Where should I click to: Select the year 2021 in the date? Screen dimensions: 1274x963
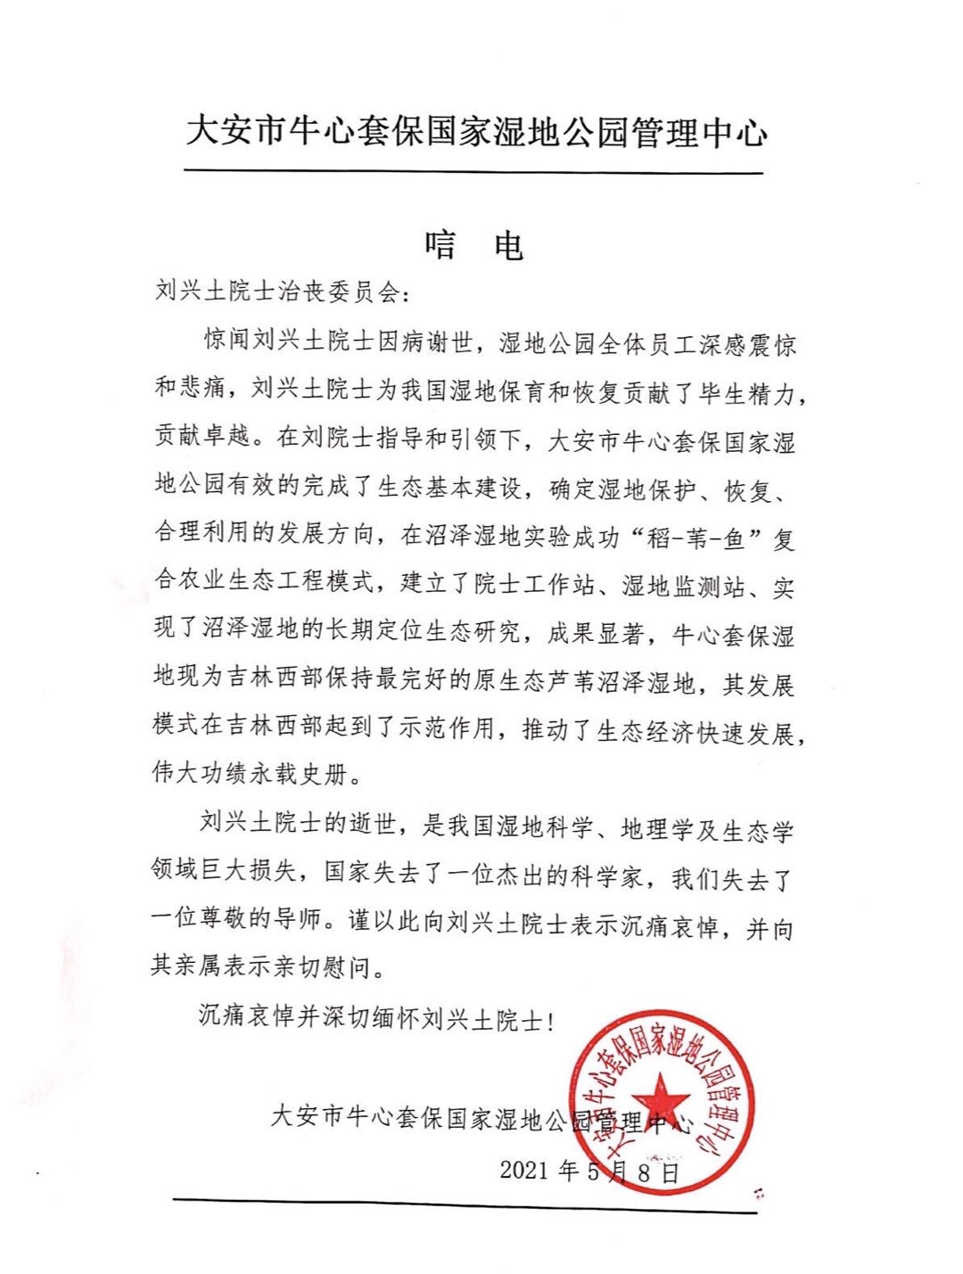[524, 1171]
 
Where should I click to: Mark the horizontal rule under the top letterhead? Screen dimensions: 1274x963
[473, 172]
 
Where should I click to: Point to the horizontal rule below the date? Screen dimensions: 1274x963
[465, 1205]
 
